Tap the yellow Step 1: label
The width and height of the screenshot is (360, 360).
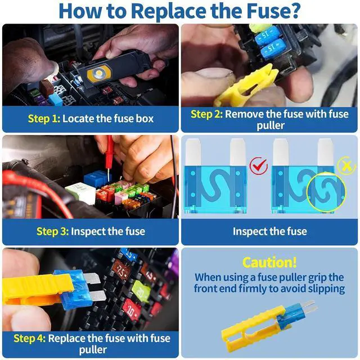[44, 119]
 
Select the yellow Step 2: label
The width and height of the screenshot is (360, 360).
[206, 114]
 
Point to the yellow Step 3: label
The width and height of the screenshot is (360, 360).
[52, 231]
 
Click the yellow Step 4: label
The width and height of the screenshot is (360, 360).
[30, 339]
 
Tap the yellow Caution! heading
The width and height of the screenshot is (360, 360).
[269, 262]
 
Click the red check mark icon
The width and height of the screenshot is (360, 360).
[259, 165]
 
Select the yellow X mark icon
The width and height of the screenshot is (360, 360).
[346, 165]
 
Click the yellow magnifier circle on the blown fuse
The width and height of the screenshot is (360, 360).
[326, 192]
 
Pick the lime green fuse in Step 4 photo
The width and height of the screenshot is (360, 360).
[141, 291]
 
